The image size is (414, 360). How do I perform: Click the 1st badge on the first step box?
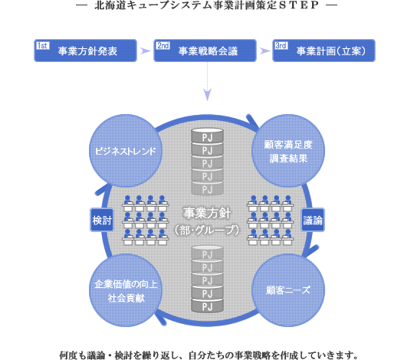(x=42, y=46)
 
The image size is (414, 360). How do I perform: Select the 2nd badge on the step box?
(x=163, y=46)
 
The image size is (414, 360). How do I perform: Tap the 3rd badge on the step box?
(x=281, y=46)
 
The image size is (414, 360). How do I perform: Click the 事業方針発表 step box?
(x=85, y=51)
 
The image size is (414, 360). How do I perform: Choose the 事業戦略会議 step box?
(x=205, y=51)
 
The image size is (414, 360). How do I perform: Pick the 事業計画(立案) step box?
(x=324, y=51)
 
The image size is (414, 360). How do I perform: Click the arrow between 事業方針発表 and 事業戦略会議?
(x=145, y=51)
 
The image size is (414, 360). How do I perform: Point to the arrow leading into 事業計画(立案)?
(x=264, y=51)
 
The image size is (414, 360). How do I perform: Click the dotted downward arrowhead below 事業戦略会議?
(x=208, y=94)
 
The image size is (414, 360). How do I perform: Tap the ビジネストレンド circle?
(x=126, y=151)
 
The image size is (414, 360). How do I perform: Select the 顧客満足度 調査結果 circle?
(x=288, y=151)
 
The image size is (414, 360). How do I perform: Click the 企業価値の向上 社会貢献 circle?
(x=126, y=290)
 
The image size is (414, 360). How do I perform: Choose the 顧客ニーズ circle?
(x=288, y=290)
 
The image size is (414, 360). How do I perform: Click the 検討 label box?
(x=102, y=220)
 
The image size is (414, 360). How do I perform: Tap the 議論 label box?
(x=313, y=220)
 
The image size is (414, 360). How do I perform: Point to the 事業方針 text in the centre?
(x=207, y=213)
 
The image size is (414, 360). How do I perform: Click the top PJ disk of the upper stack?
(x=207, y=136)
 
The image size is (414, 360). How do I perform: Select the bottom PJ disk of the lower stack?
(x=207, y=306)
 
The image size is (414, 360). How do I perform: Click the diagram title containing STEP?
(x=207, y=5)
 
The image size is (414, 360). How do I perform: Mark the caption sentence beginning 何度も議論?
(x=209, y=355)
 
